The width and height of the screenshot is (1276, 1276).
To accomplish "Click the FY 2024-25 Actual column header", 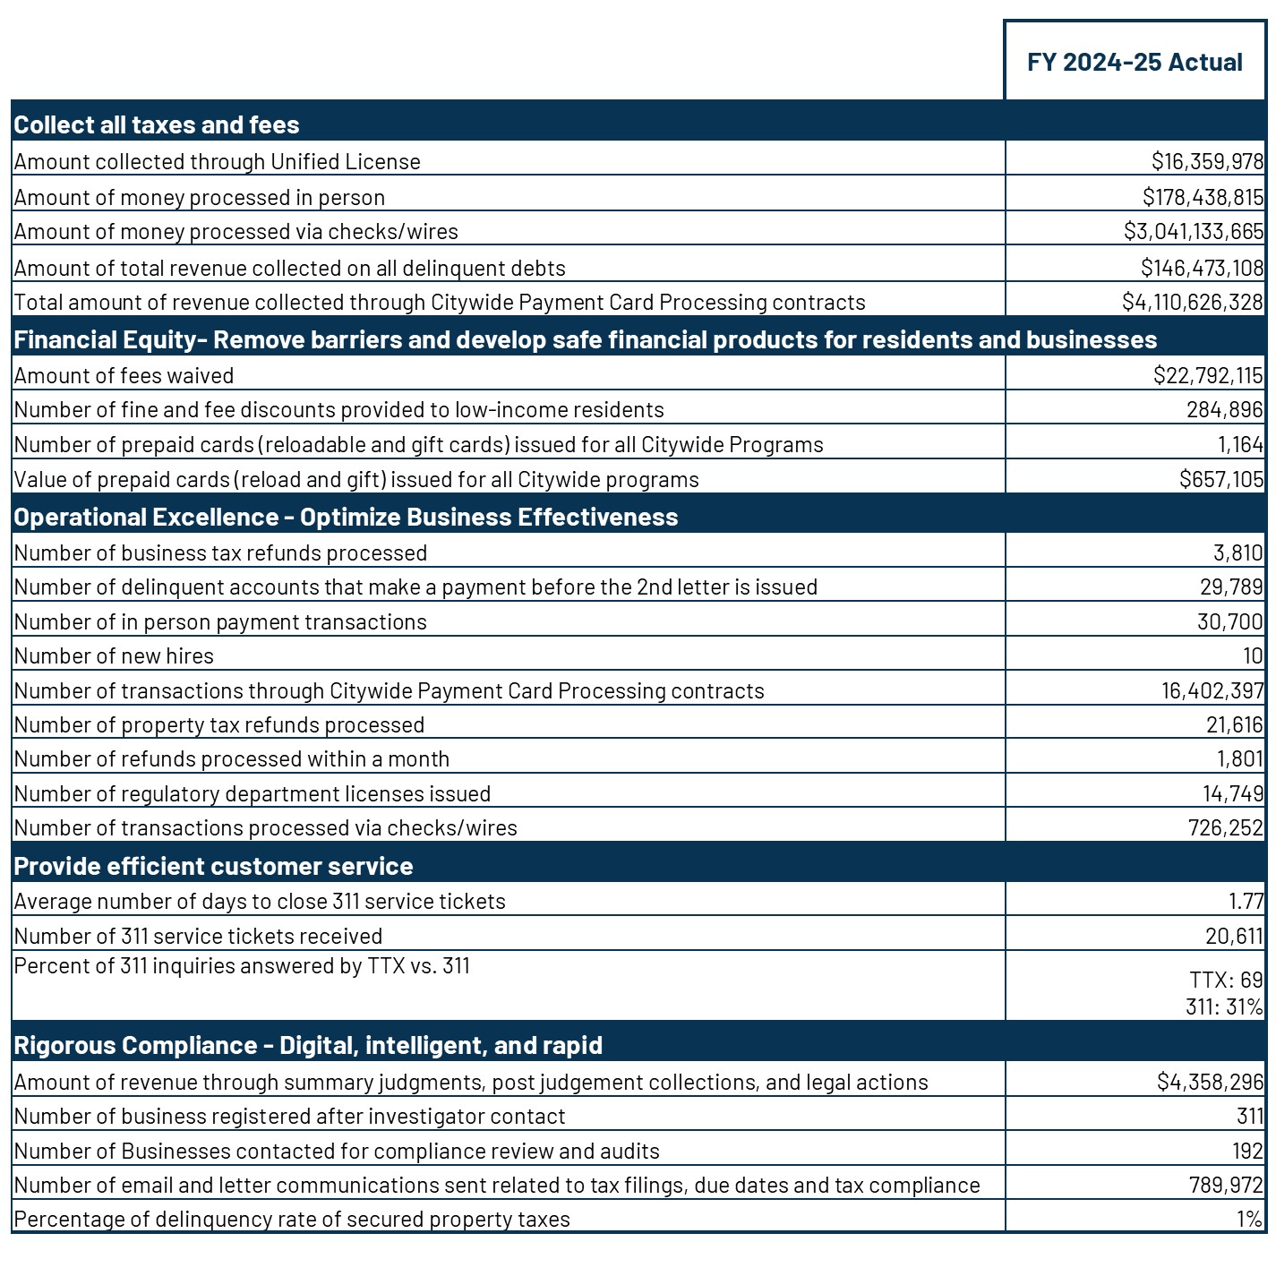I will coord(1135,62).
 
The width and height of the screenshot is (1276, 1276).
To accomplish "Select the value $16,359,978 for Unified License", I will coord(1207,161).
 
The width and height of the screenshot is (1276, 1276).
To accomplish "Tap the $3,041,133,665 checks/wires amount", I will coord(1194,231).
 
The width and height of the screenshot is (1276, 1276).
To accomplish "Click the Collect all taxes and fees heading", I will coord(157,124).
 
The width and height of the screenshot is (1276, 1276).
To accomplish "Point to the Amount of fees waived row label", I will coord(124,375).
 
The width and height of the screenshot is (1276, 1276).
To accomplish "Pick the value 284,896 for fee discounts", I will coord(1225,409).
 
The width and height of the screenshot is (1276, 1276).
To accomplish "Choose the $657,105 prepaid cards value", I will coord(1221,479).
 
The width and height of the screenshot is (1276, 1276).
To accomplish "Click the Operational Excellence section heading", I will coord(346,517).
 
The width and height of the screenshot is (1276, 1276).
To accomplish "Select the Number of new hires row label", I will coord(114,655).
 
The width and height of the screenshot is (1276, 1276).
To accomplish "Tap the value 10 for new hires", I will coord(1253,655).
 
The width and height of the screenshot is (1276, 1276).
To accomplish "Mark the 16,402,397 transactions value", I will coord(1213,690).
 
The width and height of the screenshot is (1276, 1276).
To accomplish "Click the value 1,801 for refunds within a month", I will coord(1239,758).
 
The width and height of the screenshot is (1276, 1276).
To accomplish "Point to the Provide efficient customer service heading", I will coord(213,866).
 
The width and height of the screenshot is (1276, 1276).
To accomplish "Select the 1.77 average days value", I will coord(1246,901).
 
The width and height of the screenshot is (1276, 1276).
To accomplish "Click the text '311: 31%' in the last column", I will coord(1224,1006).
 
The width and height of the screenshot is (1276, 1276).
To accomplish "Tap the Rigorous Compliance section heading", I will coord(308,1045).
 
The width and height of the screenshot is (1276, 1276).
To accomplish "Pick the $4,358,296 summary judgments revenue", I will coord(1210,1082).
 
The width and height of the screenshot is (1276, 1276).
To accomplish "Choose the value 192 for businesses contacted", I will coord(1246,1151).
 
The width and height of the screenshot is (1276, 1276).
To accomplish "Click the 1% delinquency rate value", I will coord(1250,1219).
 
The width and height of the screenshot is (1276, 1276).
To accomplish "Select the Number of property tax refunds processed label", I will coord(219,724).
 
